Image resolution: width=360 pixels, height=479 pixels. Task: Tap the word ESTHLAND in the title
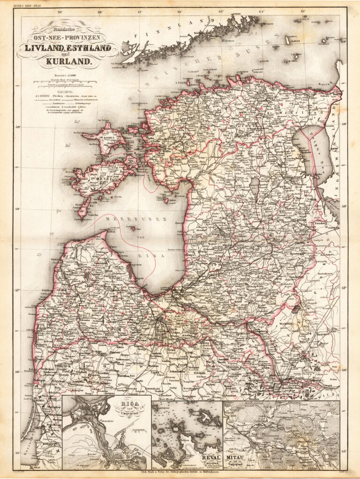coord(89,48)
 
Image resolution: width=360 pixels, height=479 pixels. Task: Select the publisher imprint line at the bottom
coord(183,473)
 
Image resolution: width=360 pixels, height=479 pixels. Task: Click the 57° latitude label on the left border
coord(18,291)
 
